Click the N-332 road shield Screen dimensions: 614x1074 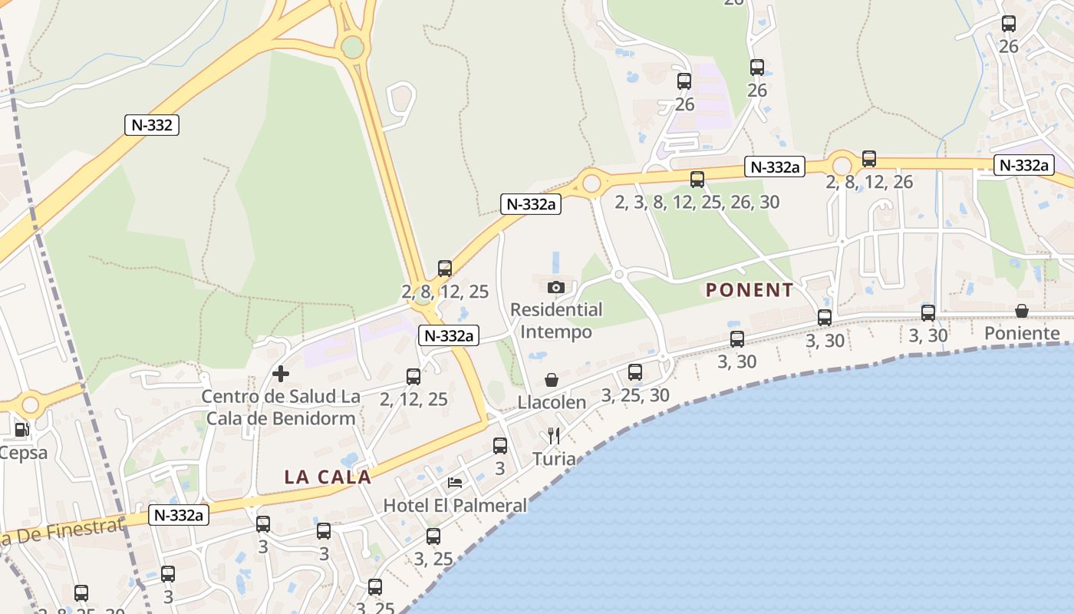coord(152,125)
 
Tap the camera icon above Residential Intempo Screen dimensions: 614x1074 coord(556,287)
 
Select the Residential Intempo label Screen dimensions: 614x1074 coord(556,321)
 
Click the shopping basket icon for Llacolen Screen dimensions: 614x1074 coord(551,380)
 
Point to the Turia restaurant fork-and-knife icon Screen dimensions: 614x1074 coord(554,437)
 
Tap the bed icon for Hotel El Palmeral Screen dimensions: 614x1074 coord(455,483)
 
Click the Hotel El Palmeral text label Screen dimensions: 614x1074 coord(455,506)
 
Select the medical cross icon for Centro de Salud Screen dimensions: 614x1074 coord(281,374)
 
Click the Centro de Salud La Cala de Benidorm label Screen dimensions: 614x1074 coord(281,408)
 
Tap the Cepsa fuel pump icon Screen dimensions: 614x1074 coord(21,430)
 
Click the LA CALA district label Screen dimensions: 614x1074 coord(328,477)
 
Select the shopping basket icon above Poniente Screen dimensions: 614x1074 coord(1022,311)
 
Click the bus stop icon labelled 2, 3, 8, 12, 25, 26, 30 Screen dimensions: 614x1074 coord(697,180)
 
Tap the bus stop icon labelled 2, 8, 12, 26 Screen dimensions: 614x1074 coord(869,159)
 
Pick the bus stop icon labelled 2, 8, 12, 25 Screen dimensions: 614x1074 coord(445,269)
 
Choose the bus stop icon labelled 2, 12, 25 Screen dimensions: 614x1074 coord(413,376)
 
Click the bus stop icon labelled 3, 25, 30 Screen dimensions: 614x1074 coord(635,372)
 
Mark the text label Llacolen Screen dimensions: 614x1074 coord(552,402)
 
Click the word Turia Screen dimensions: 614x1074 coord(554,459)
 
